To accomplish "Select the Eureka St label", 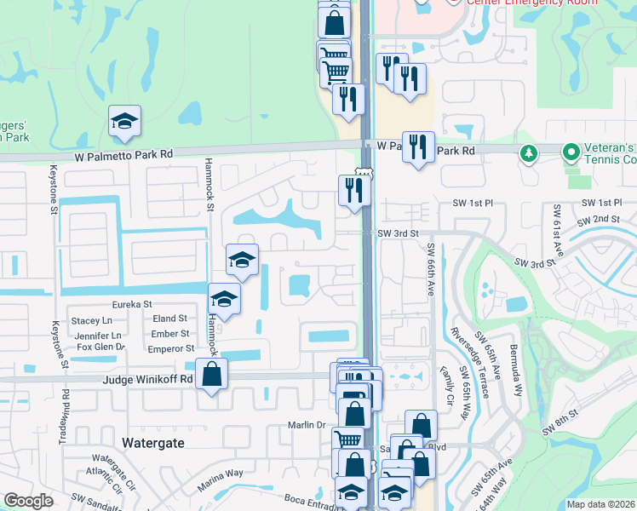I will coord(131,304).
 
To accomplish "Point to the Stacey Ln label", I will coord(92,321).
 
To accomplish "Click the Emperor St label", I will coord(171,348).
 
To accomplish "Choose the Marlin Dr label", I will coord(309,425).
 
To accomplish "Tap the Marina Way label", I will coord(221,474).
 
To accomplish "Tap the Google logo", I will coord(28,501).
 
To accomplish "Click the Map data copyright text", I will coord(600,504).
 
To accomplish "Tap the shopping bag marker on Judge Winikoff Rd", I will coord(211,373).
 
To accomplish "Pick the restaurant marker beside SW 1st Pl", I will coord(353,190).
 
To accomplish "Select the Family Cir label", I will coord(446,385).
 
